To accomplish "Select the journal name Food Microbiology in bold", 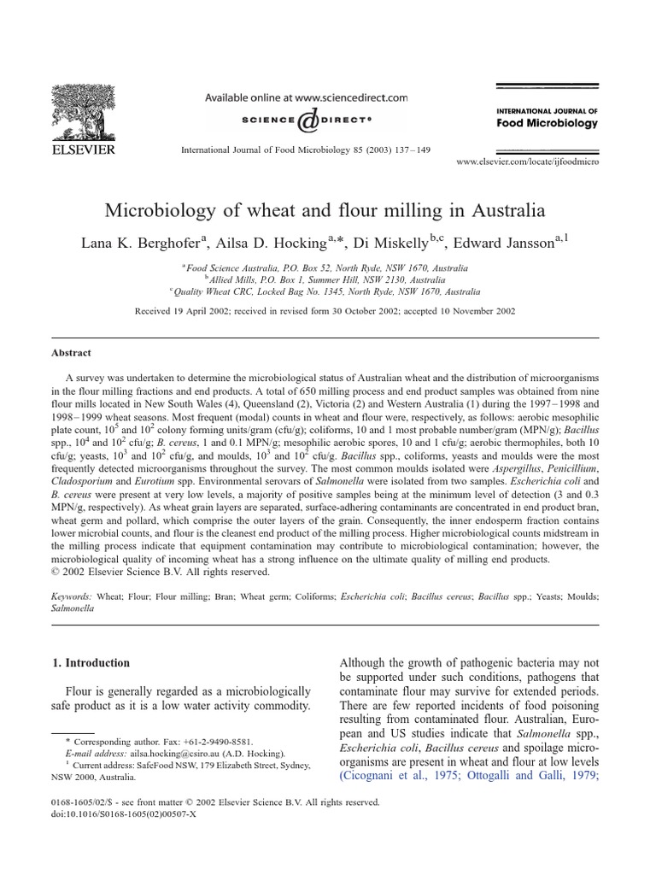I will pyautogui.click(x=547, y=123).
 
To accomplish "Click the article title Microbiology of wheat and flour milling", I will pyautogui.click(x=324, y=209).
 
